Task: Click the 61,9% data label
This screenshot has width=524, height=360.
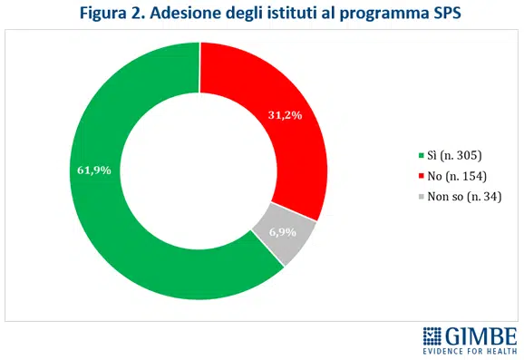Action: pos(91,170)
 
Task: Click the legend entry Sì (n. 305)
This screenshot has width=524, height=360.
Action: pos(457,154)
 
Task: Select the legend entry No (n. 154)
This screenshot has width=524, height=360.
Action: pos(458,175)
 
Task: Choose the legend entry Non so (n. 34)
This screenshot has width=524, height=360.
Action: pos(463,196)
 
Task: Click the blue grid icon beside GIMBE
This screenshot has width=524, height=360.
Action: pos(432,334)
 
